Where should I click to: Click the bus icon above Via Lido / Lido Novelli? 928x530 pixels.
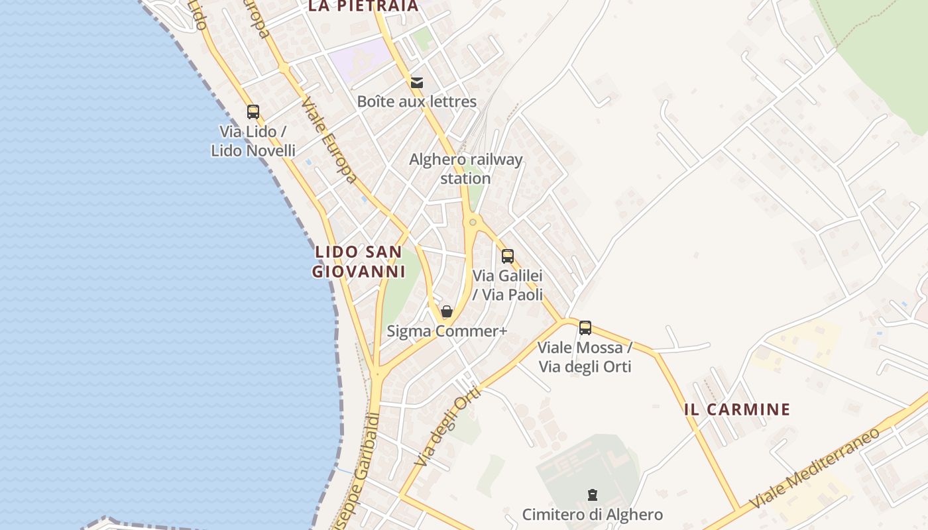[253, 111]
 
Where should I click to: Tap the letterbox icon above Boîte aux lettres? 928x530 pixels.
[417, 83]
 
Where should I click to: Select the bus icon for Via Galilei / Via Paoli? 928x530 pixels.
[508, 256]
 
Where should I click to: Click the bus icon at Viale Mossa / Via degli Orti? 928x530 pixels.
[585, 327]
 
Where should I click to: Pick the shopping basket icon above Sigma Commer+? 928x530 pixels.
[447, 311]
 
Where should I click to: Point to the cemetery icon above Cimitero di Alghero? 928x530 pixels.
[592, 494]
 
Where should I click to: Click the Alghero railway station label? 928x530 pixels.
[465, 169]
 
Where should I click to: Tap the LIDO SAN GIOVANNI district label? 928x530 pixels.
[358, 262]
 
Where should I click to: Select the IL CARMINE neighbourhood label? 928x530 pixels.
[737, 409]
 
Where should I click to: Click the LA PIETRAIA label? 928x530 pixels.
[364, 7]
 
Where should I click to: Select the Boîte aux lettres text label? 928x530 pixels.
[417, 101]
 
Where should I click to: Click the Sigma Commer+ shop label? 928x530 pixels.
[447, 331]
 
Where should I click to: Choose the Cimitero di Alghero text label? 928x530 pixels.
[592, 515]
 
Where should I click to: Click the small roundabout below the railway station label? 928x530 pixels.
[473, 222]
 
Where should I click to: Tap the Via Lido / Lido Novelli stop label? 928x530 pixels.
[253, 141]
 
